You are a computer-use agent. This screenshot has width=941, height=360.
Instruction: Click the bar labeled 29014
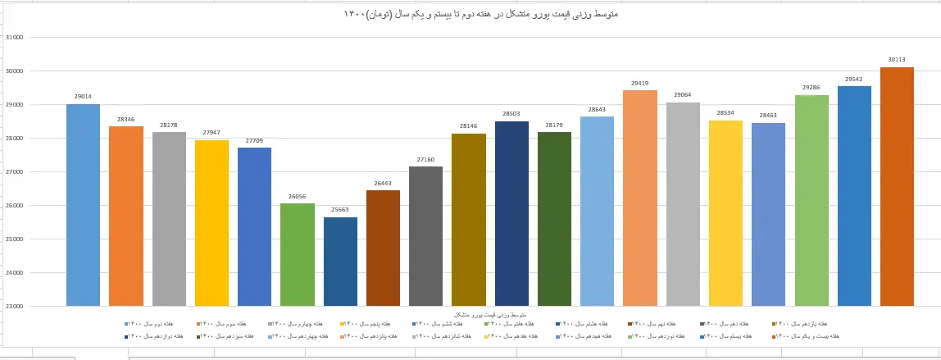pyautogui.click(x=83, y=205)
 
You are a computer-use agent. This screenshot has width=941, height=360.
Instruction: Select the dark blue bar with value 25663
pyautogui.click(x=340, y=262)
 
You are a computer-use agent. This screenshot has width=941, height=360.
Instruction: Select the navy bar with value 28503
pyautogui.click(x=511, y=213)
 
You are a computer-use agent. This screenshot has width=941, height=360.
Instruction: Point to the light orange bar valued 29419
pyautogui.click(x=640, y=198)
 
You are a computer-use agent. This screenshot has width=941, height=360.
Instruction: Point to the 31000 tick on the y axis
pyautogui.click(x=14, y=38)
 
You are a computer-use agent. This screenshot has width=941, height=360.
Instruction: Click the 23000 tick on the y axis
pyautogui.click(x=14, y=307)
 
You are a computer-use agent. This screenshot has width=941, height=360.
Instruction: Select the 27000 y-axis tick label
pyautogui.click(x=14, y=172)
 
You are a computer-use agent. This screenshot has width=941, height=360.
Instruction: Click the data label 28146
pyautogui.click(x=468, y=126)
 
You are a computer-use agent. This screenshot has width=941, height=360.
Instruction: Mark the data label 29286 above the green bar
pyautogui.click(x=811, y=88)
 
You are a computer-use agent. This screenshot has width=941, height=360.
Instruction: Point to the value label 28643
pyautogui.click(x=597, y=110)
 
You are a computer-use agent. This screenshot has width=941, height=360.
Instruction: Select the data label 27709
pyautogui.click(x=254, y=141)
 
